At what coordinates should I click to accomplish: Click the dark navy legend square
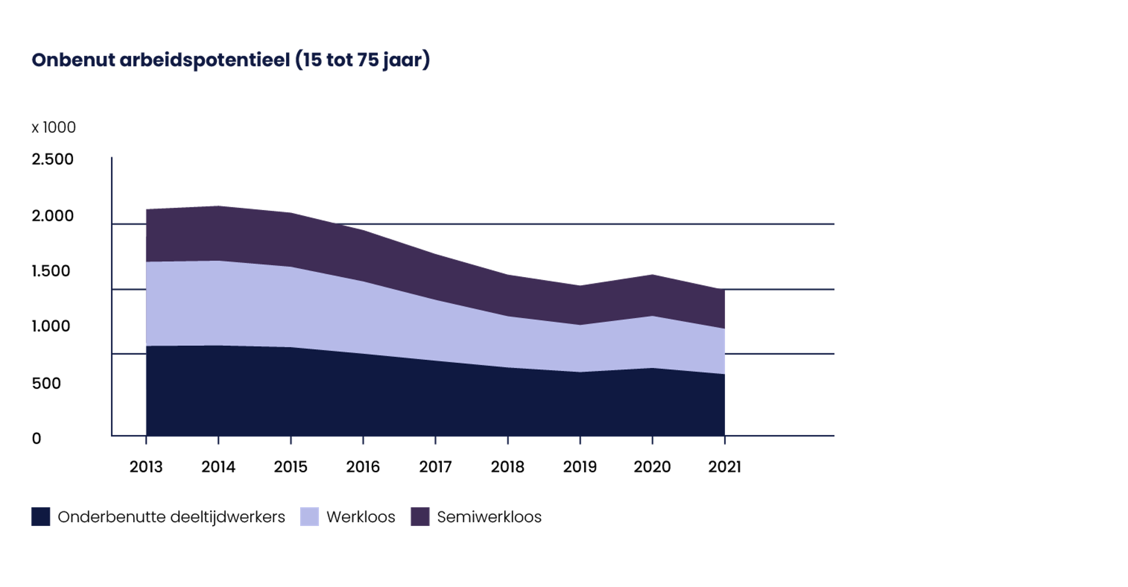[41, 517]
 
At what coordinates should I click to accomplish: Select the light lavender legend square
[309, 517]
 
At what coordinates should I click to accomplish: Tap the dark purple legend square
[419, 517]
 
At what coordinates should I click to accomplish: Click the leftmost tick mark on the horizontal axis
[146, 440]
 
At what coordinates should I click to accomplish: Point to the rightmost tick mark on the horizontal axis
[725, 440]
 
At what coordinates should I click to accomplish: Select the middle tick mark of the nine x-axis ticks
[436, 440]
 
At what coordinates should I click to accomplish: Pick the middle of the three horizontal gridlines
[781, 289]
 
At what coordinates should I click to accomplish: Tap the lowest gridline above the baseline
[781, 354]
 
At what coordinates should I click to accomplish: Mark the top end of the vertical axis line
[112, 158]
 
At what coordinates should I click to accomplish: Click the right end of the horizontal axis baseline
[832, 436]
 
